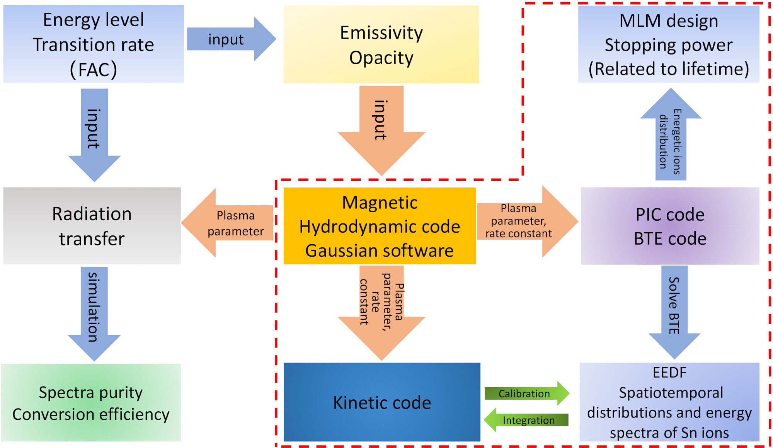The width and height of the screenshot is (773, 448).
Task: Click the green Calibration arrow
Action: click(x=527, y=393)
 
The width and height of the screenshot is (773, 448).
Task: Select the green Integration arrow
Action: click(x=526, y=420)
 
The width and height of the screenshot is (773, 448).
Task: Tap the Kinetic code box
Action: click(x=382, y=402)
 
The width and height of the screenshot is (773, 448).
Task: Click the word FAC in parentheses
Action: click(x=94, y=70)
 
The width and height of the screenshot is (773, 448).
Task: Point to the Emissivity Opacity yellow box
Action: click(x=381, y=44)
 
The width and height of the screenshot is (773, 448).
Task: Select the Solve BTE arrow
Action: click(x=674, y=312)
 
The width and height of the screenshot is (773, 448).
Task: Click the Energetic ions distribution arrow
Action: click(x=671, y=134)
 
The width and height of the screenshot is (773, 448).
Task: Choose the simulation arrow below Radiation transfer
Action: click(x=94, y=314)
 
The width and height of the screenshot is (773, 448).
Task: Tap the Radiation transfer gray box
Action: click(x=92, y=226)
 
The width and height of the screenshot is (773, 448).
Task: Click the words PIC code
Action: click(x=670, y=215)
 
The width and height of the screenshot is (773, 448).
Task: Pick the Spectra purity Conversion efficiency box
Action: click(x=91, y=402)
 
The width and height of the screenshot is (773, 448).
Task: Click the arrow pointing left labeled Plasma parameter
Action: click(x=227, y=223)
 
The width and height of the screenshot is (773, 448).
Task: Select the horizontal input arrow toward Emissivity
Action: click(x=232, y=39)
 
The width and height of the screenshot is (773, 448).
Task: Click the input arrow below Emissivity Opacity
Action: click(x=381, y=131)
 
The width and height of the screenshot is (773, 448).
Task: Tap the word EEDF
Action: click(x=669, y=373)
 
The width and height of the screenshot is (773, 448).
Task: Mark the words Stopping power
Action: click(x=669, y=45)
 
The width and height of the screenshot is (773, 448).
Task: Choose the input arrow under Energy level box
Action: click(x=94, y=135)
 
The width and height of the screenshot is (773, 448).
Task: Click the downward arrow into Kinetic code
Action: click(x=381, y=313)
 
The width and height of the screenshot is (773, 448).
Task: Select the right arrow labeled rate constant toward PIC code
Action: click(x=528, y=221)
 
